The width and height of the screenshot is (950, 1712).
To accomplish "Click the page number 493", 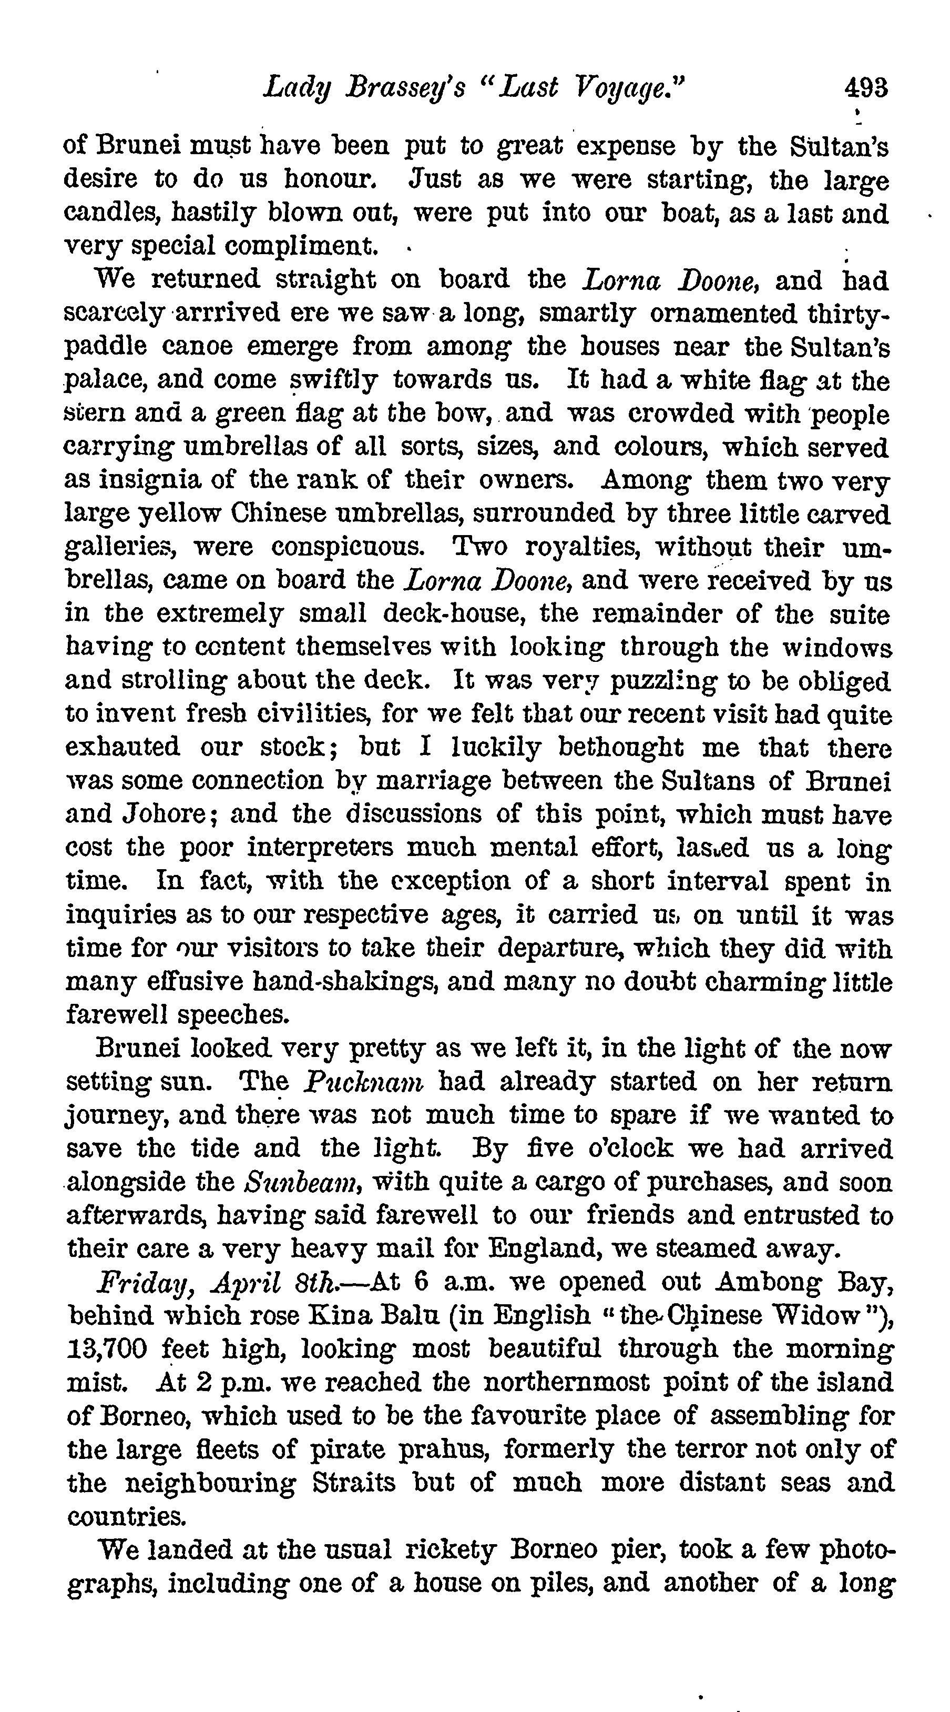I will pyautogui.click(x=865, y=88).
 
